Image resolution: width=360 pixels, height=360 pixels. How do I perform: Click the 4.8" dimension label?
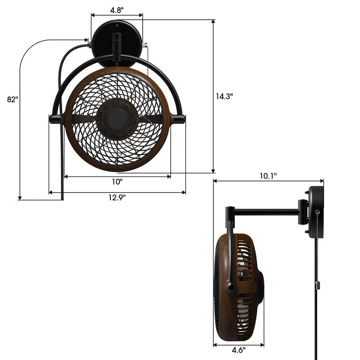click(117, 9)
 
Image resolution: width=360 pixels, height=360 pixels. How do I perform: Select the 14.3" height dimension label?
click(224, 96)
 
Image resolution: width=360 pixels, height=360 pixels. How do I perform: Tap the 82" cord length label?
click(13, 99)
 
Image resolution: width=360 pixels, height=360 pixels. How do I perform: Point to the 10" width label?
click(117, 182)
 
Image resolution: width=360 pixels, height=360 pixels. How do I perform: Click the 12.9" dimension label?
click(117, 198)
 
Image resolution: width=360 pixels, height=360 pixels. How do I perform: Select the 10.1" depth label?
click(268, 175)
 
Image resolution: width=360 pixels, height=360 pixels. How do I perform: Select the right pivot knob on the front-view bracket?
click(179, 119)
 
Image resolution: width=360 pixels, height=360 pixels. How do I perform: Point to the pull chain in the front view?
click(147, 67)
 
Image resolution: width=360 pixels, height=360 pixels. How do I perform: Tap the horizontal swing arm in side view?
click(265, 210)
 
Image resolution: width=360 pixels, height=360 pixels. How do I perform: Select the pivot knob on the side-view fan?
click(231, 286)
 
